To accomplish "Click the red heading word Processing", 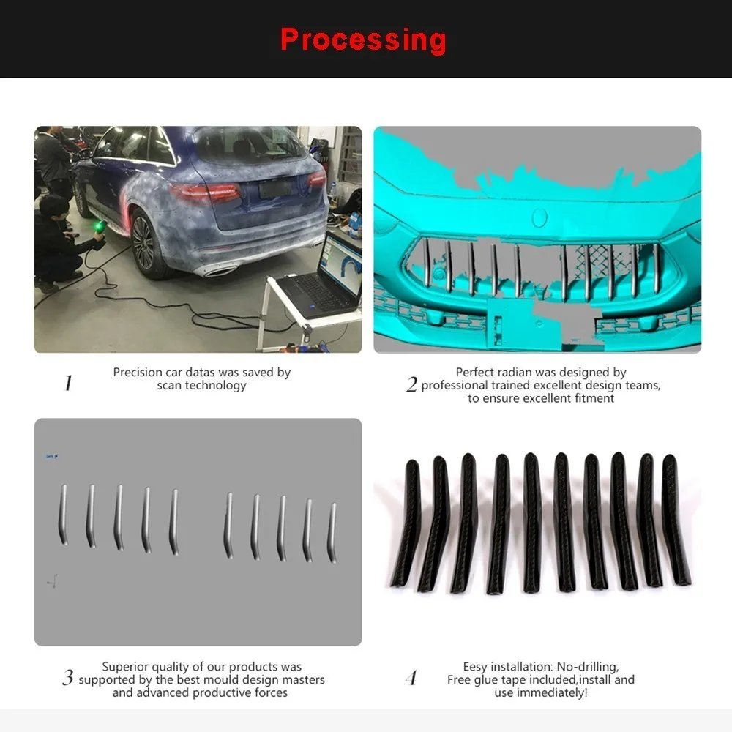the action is click(x=363, y=40).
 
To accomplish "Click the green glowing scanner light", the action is click(x=99, y=226).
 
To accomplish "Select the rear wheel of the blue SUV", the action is click(x=145, y=243).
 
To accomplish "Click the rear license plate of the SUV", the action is click(x=274, y=189).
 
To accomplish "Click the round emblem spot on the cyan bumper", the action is click(x=539, y=217).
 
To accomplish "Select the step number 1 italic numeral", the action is click(x=68, y=384).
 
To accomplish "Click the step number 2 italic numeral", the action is click(x=411, y=384).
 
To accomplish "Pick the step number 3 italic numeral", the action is click(x=67, y=677).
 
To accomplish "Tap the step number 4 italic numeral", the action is click(x=411, y=678).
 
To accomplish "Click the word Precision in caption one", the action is click(x=138, y=373).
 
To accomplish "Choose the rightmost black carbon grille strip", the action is click(x=676, y=520).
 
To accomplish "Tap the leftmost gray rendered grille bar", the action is click(x=62, y=515).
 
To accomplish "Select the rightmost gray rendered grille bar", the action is click(x=332, y=533).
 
